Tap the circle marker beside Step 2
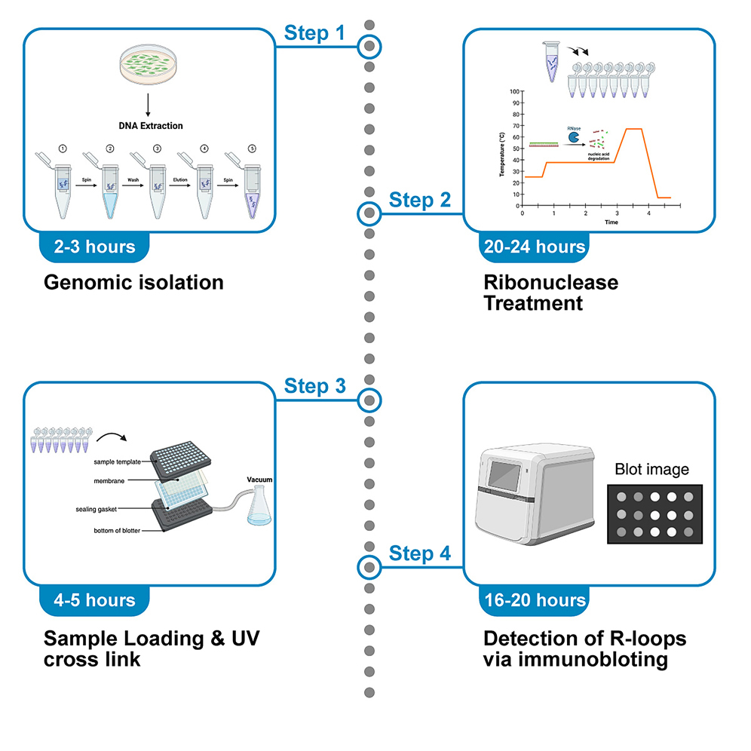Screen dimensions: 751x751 (x=369, y=213)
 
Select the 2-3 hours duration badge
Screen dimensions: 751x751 (x=95, y=247)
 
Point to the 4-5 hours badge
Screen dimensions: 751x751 (x=95, y=600)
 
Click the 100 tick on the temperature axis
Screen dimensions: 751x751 (x=515, y=91)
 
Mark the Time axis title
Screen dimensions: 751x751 (x=592, y=222)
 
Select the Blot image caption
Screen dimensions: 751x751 (x=651, y=470)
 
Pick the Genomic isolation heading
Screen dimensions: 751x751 (x=133, y=283)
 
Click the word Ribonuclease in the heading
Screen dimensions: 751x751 (x=550, y=283)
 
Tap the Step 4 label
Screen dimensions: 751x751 (x=420, y=554)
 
